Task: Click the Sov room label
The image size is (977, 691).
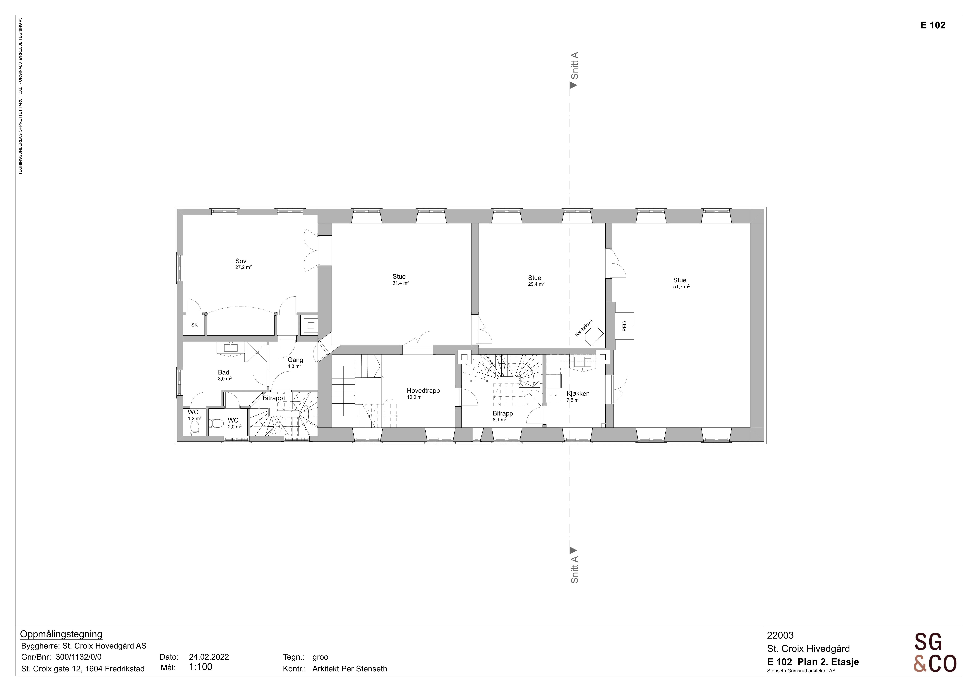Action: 241,261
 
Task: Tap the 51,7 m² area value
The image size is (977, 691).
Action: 681,287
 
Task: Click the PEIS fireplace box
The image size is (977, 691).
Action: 624,326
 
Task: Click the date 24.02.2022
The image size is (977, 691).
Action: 209,656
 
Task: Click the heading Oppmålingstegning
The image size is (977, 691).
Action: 61,634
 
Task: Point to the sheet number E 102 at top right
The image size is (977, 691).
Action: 933,25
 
